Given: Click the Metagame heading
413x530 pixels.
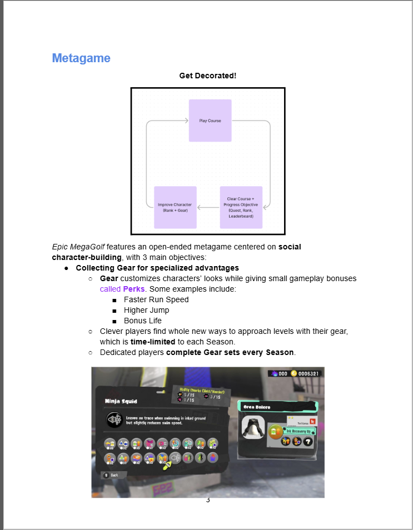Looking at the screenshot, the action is click(x=81, y=58).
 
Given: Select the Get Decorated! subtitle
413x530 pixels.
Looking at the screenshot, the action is click(x=207, y=76).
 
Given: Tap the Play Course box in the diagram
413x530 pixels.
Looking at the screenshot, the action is click(x=210, y=121).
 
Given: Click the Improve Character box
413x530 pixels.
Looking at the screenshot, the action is click(x=175, y=207).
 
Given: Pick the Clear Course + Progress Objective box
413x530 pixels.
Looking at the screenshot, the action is click(x=241, y=207).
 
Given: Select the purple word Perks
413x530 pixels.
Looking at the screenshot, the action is click(x=133, y=289).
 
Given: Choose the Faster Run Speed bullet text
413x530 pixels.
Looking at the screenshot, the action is click(x=156, y=299).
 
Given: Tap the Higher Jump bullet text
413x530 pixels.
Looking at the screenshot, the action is click(x=146, y=310).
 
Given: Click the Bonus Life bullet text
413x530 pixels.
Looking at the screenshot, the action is click(x=143, y=321).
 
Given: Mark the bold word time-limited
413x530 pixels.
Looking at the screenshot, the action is click(x=153, y=342).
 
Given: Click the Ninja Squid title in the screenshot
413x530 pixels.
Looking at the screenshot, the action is click(x=121, y=401).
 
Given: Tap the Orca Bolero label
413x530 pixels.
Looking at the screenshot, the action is click(x=256, y=407).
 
